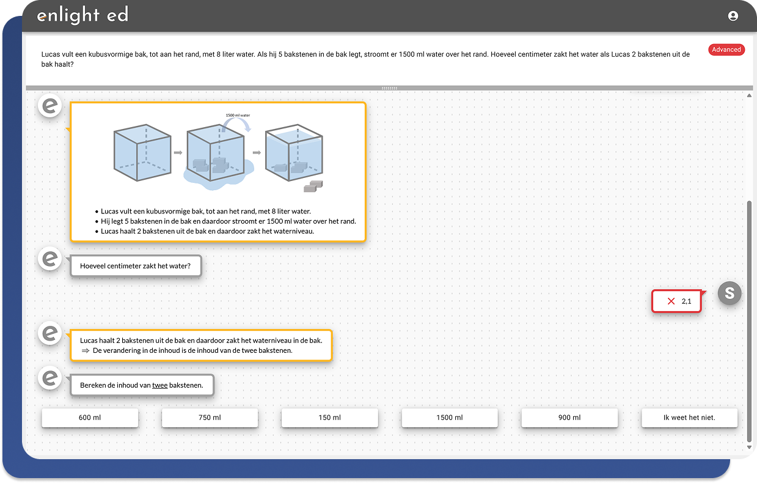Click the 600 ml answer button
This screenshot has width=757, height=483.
pos(90,418)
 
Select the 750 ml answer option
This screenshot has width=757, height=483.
pos(210,418)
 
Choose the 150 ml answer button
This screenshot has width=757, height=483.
pos(329,418)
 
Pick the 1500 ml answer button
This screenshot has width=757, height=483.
pos(450,418)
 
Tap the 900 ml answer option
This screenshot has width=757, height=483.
pos(569,418)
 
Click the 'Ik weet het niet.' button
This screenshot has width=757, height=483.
pos(689,418)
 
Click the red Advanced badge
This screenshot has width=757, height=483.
pos(726,50)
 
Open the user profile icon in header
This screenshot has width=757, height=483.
pos(733,16)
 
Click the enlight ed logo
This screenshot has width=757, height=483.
pos(83,15)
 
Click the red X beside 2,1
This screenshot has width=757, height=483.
pos(671,301)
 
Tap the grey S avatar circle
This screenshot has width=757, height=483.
pos(730,293)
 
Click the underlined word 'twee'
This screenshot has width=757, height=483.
pos(160,385)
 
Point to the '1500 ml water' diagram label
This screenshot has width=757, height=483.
pos(238,116)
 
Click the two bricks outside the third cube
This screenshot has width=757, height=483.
pos(313,186)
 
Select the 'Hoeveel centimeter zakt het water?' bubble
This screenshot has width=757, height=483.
pos(136,266)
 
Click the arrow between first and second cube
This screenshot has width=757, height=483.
pos(178,153)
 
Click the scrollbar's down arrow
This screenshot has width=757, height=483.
pos(749,447)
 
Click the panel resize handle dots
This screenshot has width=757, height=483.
pos(389,88)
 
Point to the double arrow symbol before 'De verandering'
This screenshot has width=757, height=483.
pos(85,351)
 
